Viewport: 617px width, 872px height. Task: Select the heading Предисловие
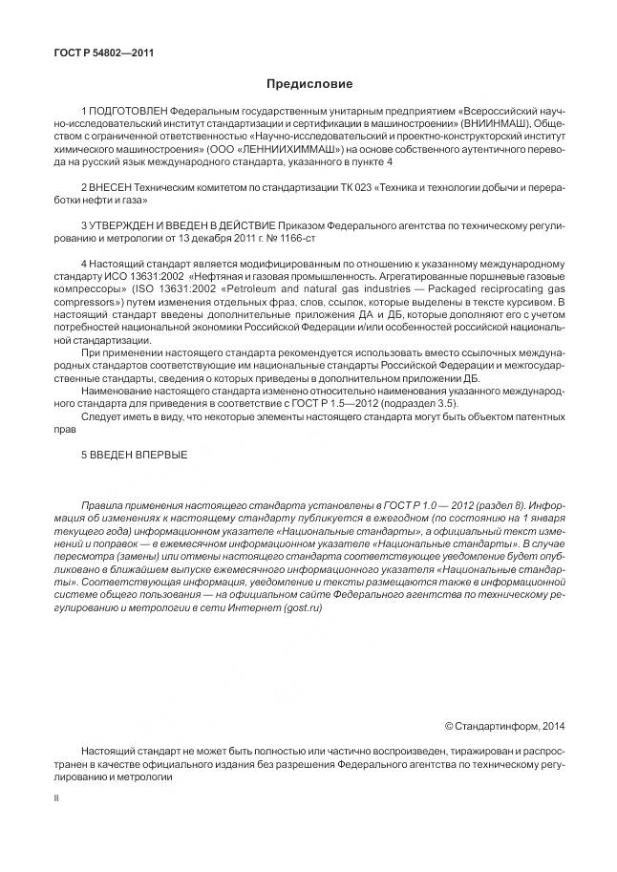coord(308,84)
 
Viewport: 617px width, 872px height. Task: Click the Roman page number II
coord(57,795)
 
